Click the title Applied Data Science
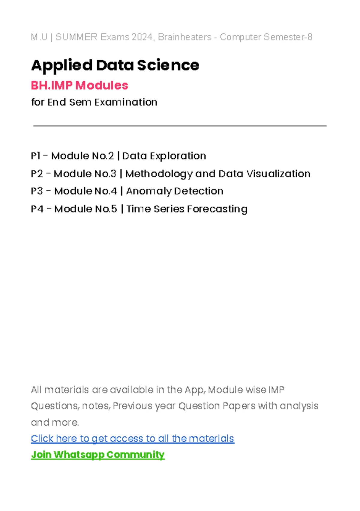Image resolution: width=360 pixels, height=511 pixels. tap(115, 65)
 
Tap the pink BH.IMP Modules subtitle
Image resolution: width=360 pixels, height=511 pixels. tap(79, 85)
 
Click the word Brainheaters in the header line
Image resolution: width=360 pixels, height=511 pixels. tap(185, 37)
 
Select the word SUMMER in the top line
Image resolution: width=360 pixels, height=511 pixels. tap(76, 37)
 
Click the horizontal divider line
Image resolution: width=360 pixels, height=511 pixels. tap(180, 126)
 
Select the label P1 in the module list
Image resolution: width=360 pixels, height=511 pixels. tap(35, 156)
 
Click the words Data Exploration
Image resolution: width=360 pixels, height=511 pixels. tap(164, 156)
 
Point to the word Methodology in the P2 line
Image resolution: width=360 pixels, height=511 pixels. tap(159, 174)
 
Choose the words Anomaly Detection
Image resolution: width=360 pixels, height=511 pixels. tap(175, 191)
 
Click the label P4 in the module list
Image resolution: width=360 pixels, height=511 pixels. tap(37, 209)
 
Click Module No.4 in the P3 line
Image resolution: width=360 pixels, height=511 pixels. tap(85, 191)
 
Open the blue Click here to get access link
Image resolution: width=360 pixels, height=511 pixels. tap(132, 438)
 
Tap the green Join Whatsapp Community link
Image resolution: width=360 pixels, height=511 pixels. tap(97, 455)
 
